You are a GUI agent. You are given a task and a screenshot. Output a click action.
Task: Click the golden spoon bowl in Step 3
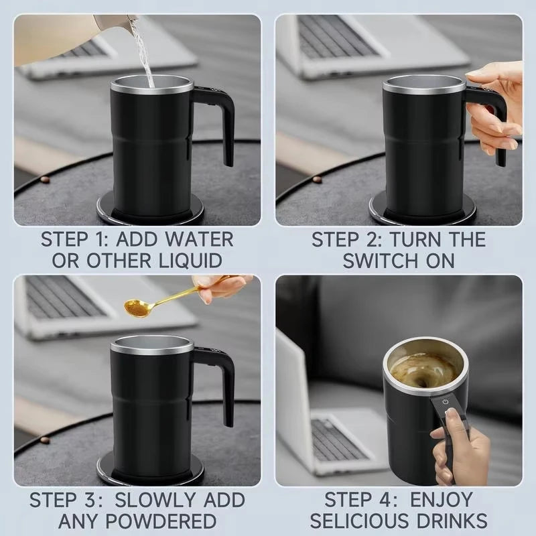[x=138, y=308]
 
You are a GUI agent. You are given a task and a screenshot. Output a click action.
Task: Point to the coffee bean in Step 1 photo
[x=44, y=180]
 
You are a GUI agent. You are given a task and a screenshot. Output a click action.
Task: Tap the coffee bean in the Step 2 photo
[x=316, y=180]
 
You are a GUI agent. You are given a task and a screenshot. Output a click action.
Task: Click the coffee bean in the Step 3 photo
[x=44, y=440]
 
